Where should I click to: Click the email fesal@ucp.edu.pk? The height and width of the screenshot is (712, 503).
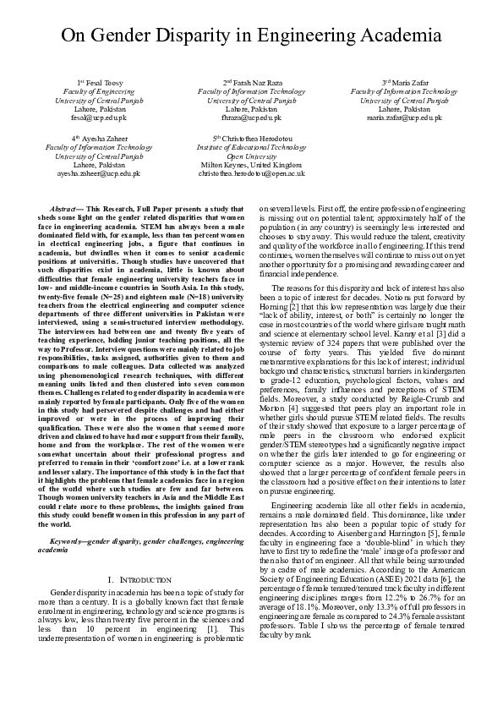(x=99, y=119)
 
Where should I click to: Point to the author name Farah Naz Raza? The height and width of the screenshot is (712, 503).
(x=254, y=82)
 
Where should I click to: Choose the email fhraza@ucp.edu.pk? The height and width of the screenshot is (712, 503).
(x=251, y=119)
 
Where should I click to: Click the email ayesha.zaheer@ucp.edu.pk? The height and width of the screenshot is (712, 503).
(x=99, y=173)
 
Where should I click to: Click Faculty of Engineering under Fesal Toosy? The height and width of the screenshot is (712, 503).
(x=99, y=91)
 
